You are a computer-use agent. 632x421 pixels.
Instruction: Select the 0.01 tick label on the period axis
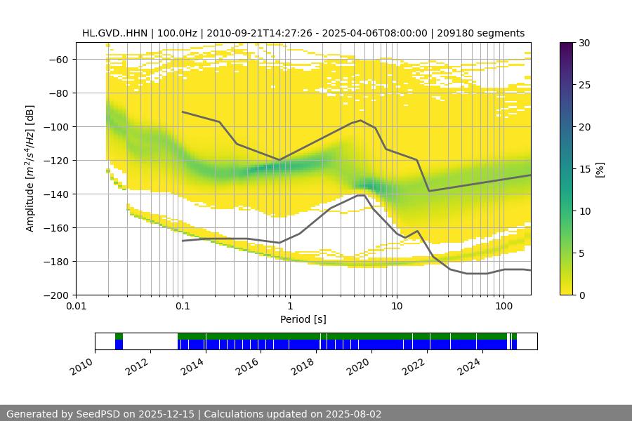point(76,307)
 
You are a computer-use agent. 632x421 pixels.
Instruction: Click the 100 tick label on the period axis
point(503,307)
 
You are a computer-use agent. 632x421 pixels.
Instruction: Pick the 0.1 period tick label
point(183,307)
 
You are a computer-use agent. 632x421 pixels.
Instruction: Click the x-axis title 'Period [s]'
point(303,319)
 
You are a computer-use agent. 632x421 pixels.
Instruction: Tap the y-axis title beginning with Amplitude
point(29,168)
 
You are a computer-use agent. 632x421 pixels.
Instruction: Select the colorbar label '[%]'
point(600,169)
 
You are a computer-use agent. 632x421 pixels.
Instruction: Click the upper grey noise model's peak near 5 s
point(361,120)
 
